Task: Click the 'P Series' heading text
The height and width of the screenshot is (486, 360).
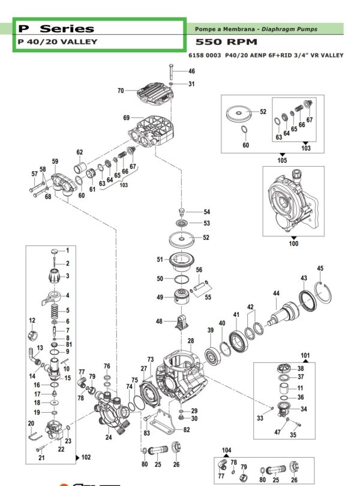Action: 56,29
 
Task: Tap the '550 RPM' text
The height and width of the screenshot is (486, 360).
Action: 226,42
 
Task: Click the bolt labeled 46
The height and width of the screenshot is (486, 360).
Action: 172,73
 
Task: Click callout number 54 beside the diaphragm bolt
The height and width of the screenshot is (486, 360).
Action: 207,212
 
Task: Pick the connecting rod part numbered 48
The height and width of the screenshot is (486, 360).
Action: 182,323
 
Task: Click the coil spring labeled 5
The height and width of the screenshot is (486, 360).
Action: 54,310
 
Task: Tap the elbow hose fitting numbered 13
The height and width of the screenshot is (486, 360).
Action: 33,357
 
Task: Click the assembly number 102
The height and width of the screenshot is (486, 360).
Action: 86,457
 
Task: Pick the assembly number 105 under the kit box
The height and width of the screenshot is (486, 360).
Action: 282,160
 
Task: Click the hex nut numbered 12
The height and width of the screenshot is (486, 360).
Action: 33,335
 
